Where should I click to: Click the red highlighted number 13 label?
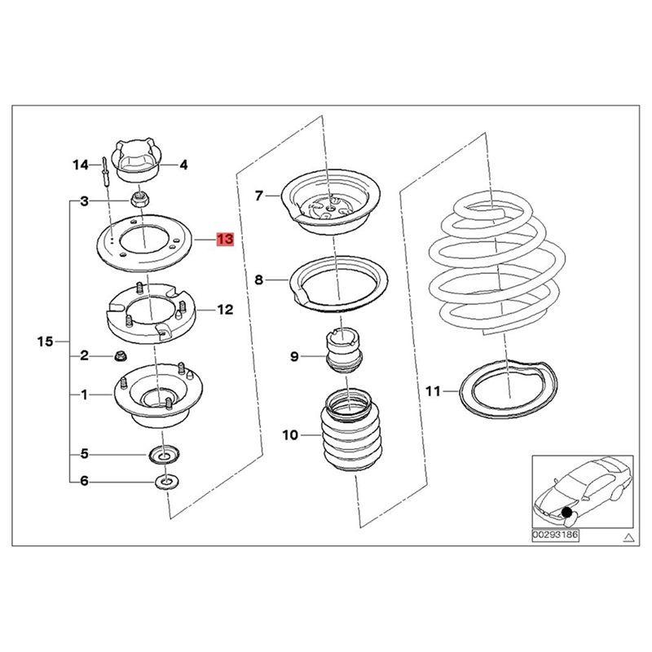(x=225, y=240)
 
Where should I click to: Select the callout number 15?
(x=45, y=341)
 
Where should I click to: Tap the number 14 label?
(x=80, y=165)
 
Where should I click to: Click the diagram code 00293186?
(x=555, y=536)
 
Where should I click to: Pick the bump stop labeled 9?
(x=344, y=350)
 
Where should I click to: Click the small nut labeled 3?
(x=139, y=198)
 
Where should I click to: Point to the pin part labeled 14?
(x=105, y=174)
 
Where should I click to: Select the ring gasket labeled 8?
(x=336, y=287)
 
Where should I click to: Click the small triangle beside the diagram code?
(x=628, y=537)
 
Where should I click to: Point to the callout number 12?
(x=225, y=310)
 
